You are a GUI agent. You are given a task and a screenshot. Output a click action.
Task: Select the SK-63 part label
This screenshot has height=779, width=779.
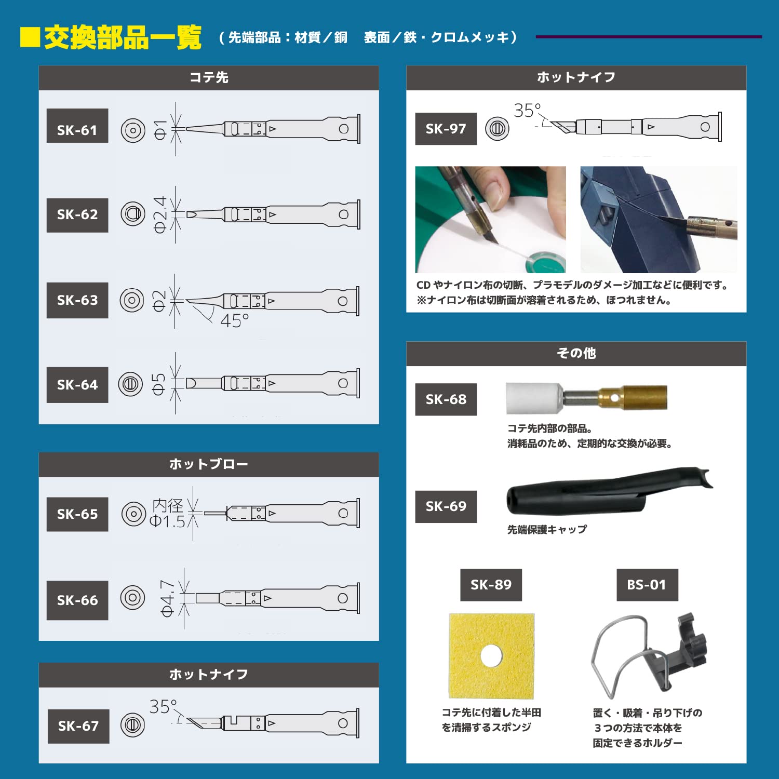tap(77, 300)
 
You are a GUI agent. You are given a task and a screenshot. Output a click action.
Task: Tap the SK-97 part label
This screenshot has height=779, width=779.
tap(446, 129)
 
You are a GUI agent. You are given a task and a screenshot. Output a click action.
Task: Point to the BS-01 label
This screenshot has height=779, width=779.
tap(647, 585)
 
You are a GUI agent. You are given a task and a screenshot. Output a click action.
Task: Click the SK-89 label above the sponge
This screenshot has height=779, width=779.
tap(491, 585)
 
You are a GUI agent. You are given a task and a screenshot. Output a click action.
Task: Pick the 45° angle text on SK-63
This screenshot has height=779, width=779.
tap(235, 320)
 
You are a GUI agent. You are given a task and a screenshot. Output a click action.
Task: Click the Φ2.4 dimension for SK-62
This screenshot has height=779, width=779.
tap(160, 214)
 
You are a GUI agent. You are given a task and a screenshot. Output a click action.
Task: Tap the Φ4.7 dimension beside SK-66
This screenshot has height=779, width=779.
tap(167, 598)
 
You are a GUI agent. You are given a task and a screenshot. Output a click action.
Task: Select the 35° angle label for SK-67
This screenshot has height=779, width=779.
tap(163, 706)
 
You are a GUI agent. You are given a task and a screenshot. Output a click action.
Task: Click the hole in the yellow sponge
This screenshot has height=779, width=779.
tap(491, 656)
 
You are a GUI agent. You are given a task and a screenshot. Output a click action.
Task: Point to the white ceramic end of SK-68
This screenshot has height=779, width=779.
tap(534, 398)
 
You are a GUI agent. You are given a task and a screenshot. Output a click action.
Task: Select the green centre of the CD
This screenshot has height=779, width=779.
tap(542, 262)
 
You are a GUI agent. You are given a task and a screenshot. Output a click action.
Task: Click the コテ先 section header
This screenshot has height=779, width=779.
tap(209, 77)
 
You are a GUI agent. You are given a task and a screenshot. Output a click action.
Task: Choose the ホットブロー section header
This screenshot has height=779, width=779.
tap(209, 464)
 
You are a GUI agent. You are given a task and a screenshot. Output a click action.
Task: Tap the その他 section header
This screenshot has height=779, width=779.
tap(576, 353)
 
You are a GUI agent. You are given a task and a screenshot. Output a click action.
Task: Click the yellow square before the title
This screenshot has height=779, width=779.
tap(30, 37)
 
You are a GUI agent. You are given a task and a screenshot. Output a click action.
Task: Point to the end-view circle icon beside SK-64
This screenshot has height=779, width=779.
tap(130, 384)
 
